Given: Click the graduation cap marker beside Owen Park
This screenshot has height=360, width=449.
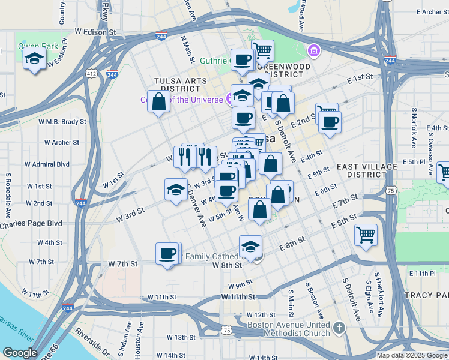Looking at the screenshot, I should tap(35, 59).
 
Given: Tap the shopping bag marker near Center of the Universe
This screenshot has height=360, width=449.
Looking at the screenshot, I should tap(159, 101).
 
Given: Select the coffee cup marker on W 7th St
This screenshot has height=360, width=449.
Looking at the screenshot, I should tap(167, 253).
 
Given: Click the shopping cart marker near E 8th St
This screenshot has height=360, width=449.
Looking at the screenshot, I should tap(366, 235).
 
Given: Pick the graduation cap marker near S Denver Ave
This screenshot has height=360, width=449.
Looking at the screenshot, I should tap(176, 190).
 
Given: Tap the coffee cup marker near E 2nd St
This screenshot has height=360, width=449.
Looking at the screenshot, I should tap(330, 122).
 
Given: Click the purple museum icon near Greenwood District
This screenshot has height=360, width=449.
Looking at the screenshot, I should tap(312, 49).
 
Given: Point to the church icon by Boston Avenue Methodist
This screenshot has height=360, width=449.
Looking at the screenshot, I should tap(339, 328).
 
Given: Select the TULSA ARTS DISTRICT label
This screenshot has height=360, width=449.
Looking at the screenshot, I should tap(176, 85).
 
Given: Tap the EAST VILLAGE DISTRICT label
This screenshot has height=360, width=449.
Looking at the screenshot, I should tap(367, 170).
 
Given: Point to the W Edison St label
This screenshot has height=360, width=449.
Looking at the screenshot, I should tap(95, 31).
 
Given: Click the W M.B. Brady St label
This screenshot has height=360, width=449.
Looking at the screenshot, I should tap(65, 121).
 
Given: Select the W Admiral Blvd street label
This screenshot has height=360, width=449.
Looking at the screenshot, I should tap(47, 164).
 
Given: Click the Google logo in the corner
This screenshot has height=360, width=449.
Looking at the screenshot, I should tap(20, 353).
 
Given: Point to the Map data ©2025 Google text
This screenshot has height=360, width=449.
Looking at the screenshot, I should tap(411, 355).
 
